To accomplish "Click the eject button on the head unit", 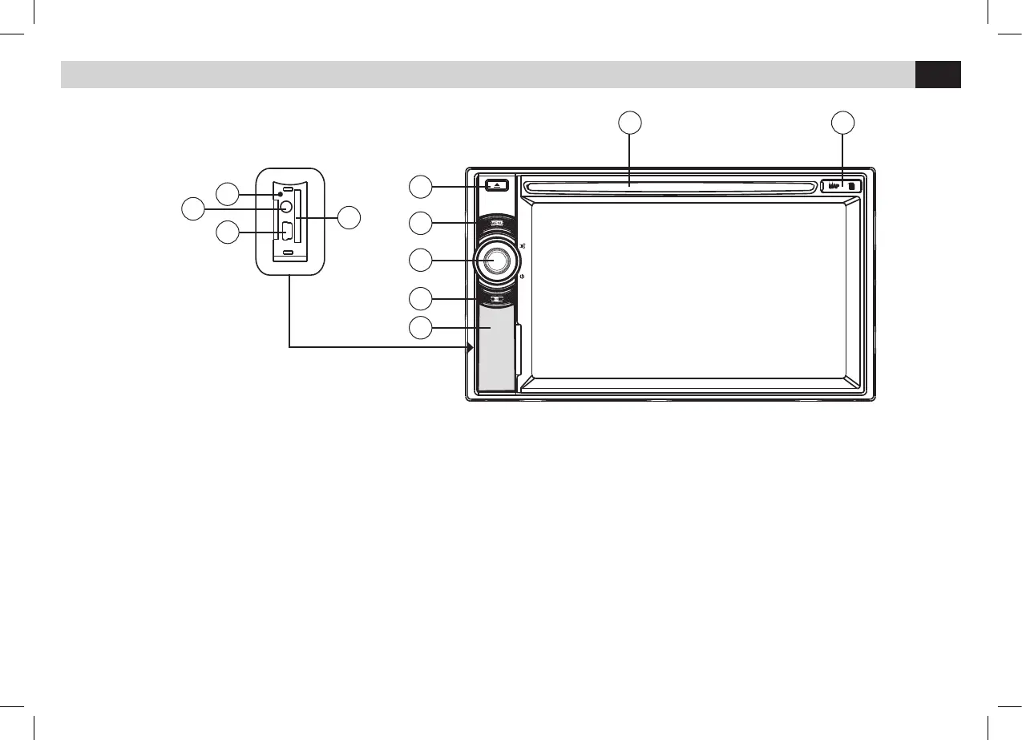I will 496,185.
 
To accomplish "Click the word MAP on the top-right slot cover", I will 833,187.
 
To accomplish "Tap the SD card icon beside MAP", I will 852,187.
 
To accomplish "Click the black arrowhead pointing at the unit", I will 470,347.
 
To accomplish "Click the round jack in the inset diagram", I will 285,205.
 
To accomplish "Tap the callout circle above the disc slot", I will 630,123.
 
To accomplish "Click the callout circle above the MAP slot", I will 842,123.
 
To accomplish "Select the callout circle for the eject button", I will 419,187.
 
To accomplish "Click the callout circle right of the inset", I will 349,217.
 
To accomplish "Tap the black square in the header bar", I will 938,75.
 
